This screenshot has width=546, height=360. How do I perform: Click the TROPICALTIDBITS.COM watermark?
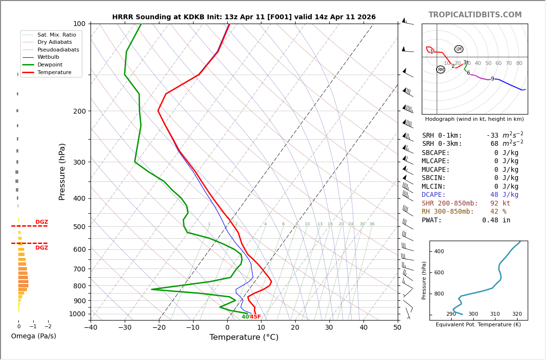475,15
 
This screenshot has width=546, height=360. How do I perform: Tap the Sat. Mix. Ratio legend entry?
56,35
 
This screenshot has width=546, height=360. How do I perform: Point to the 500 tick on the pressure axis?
79,227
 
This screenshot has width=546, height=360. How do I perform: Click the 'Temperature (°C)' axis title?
244,337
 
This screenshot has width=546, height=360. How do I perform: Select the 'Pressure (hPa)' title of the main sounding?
62,171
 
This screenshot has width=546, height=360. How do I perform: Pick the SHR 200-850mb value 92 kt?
500,204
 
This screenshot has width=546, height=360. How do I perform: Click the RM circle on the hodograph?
441,70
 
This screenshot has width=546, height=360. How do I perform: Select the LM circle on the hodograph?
459,49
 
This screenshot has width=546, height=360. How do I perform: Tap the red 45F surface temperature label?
256,317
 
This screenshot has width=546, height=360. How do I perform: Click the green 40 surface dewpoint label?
245,317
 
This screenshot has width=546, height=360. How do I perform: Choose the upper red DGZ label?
41,222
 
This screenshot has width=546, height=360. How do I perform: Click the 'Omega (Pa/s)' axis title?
33,336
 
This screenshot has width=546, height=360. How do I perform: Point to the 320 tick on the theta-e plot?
517,314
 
